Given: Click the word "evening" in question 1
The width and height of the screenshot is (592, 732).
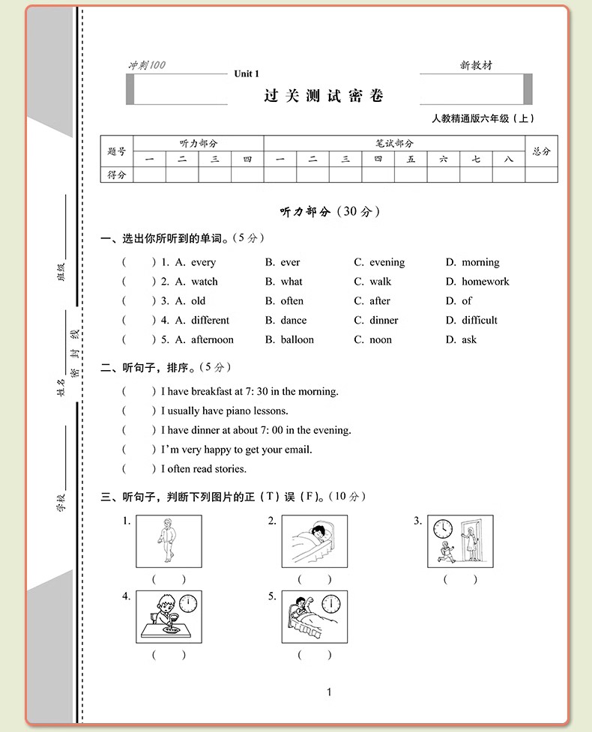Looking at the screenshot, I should (387, 262).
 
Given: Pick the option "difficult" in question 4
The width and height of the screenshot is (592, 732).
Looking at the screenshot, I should (479, 320).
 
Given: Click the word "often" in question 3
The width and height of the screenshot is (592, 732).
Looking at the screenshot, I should (292, 301).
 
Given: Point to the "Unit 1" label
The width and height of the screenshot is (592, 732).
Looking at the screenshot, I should (246, 73).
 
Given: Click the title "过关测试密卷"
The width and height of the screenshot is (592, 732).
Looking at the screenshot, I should (324, 96).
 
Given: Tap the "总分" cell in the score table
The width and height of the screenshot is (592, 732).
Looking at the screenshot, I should (541, 151).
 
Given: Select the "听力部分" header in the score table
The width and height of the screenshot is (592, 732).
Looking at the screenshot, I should (198, 143).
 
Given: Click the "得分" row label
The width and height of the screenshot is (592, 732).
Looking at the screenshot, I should (117, 175).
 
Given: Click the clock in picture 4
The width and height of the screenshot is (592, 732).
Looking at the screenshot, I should (189, 603).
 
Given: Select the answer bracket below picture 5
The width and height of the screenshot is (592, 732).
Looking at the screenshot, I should (315, 655).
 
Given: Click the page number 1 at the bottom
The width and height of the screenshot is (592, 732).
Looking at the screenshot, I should (329, 692).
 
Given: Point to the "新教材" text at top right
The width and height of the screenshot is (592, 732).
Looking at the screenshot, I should (477, 66).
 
